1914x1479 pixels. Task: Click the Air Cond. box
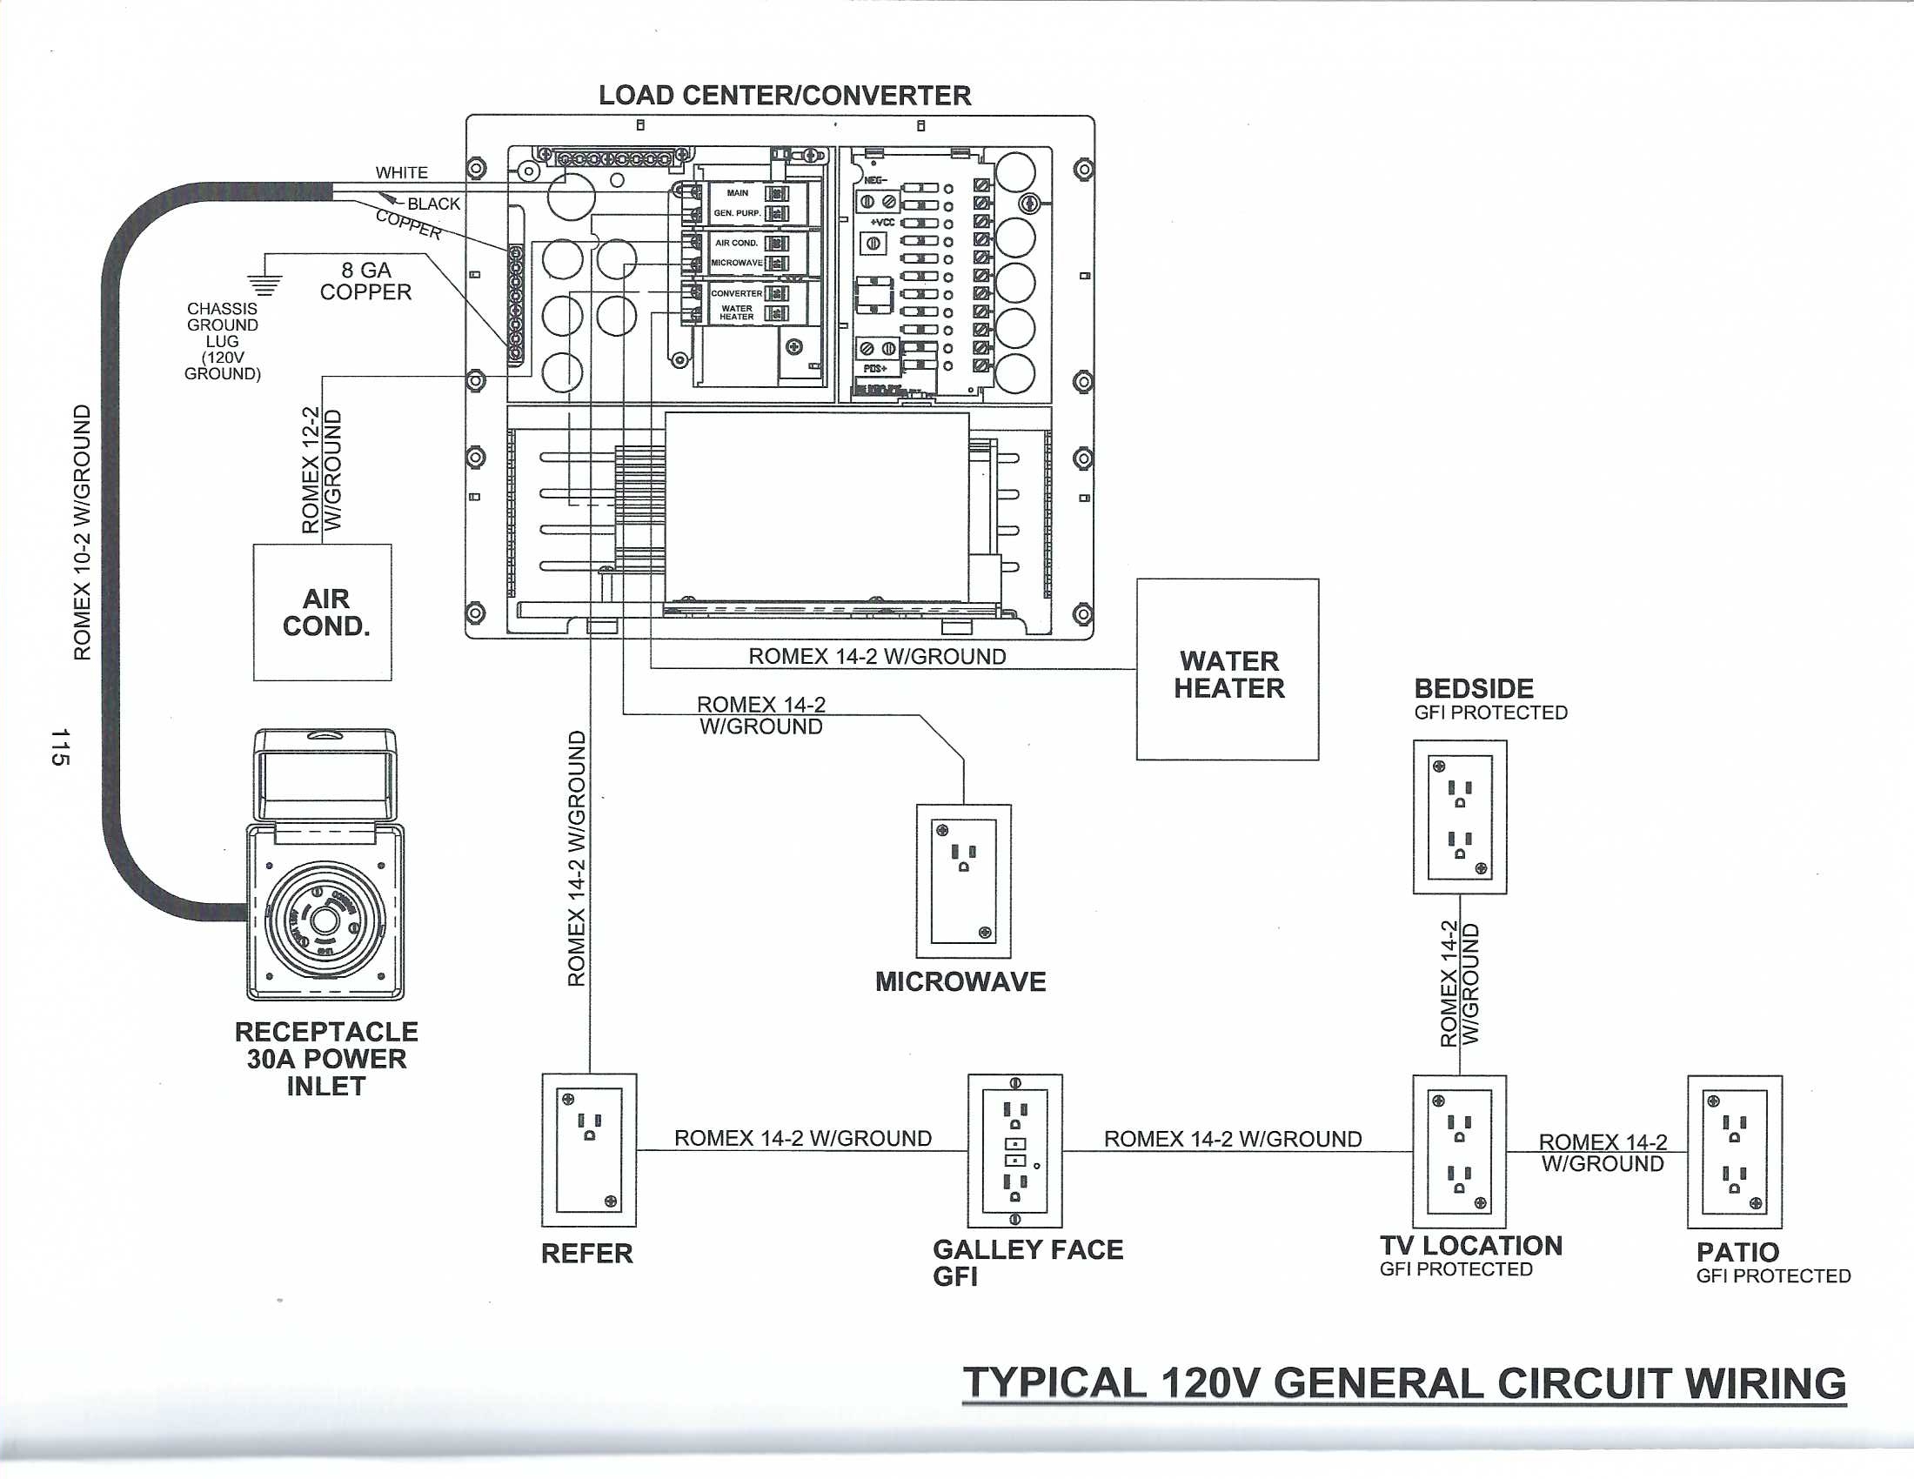point(323,612)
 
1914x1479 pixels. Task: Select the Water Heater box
point(1227,669)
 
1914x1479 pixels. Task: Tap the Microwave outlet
point(963,880)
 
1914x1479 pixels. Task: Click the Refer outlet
point(589,1149)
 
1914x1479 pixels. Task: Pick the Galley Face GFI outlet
point(1014,1150)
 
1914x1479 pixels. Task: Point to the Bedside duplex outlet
point(1459,817)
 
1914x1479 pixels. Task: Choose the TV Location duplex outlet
point(1459,1150)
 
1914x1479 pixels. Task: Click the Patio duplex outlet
point(1734,1151)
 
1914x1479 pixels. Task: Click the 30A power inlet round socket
point(325,920)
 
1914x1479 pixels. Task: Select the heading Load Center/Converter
point(785,96)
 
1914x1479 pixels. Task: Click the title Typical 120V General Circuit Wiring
point(1404,1383)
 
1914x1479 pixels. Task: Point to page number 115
point(59,746)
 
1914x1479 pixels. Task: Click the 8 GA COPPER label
point(365,281)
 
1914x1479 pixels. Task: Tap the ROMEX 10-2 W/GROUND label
point(82,532)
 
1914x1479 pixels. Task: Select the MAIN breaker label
point(737,193)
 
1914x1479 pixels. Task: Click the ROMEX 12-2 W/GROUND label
point(321,470)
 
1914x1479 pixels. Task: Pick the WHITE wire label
point(401,172)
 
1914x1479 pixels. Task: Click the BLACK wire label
point(434,204)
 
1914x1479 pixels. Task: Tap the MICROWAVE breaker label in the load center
point(736,263)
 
